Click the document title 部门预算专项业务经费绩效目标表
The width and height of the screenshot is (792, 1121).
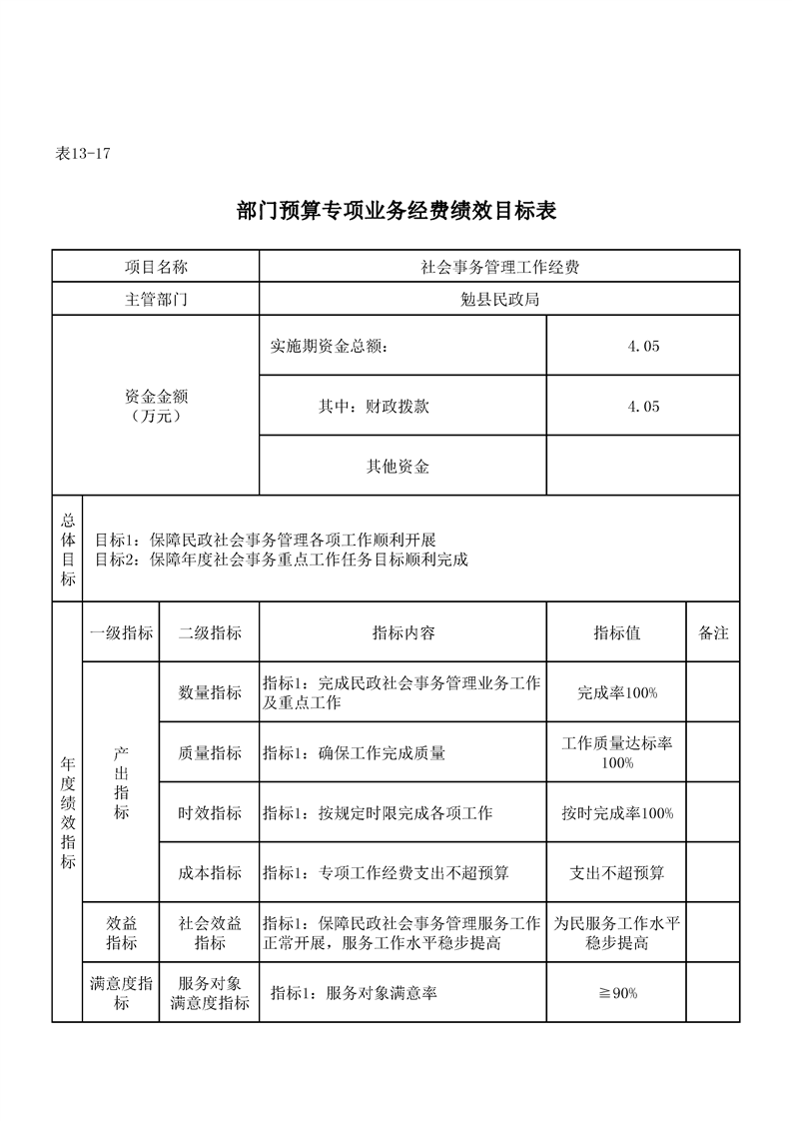pyautogui.click(x=396, y=211)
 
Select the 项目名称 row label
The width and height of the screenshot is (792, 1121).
pyautogui.click(x=155, y=267)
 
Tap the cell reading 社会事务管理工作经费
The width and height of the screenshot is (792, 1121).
pyautogui.click(x=499, y=267)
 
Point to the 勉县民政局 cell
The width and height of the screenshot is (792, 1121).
pyautogui.click(x=499, y=299)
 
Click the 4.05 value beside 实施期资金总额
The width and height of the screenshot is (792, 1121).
pyautogui.click(x=643, y=347)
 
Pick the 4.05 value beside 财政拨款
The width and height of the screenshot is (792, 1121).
pyautogui.click(x=643, y=407)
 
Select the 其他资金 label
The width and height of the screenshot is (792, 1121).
pyautogui.click(x=397, y=466)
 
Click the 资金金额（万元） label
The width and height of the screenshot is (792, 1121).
pyautogui.click(x=155, y=406)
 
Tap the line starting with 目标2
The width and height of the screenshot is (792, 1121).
pyautogui.click(x=282, y=560)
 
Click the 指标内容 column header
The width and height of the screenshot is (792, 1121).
pyautogui.click(x=402, y=632)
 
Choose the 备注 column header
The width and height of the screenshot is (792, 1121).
pyautogui.click(x=713, y=632)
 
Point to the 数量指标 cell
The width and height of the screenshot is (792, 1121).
pyautogui.click(x=210, y=692)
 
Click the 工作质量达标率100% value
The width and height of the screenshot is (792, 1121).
pyautogui.click(x=616, y=753)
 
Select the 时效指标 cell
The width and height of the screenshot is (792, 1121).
pyautogui.click(x=210, y=813)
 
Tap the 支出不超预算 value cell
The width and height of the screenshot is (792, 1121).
pyautogui.click(x=616, y=873)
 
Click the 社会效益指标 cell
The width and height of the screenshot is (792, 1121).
pyautogui.click(x=210, y=933)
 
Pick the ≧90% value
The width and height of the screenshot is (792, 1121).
pyautogui.click(x=616, y=993)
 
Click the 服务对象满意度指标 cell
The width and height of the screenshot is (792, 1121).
pyautogui.click(x=210, y=993)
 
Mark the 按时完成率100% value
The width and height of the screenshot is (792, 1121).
pyautogui.click(x=616, y=813)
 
